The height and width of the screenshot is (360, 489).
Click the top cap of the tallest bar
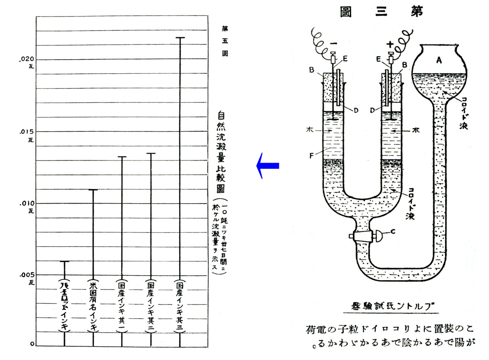coord(180,38)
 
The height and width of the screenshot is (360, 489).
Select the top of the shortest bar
coord(65,262)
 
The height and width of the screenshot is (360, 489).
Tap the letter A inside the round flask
coord(439,60)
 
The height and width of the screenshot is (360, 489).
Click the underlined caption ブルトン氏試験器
coord(390,307)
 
